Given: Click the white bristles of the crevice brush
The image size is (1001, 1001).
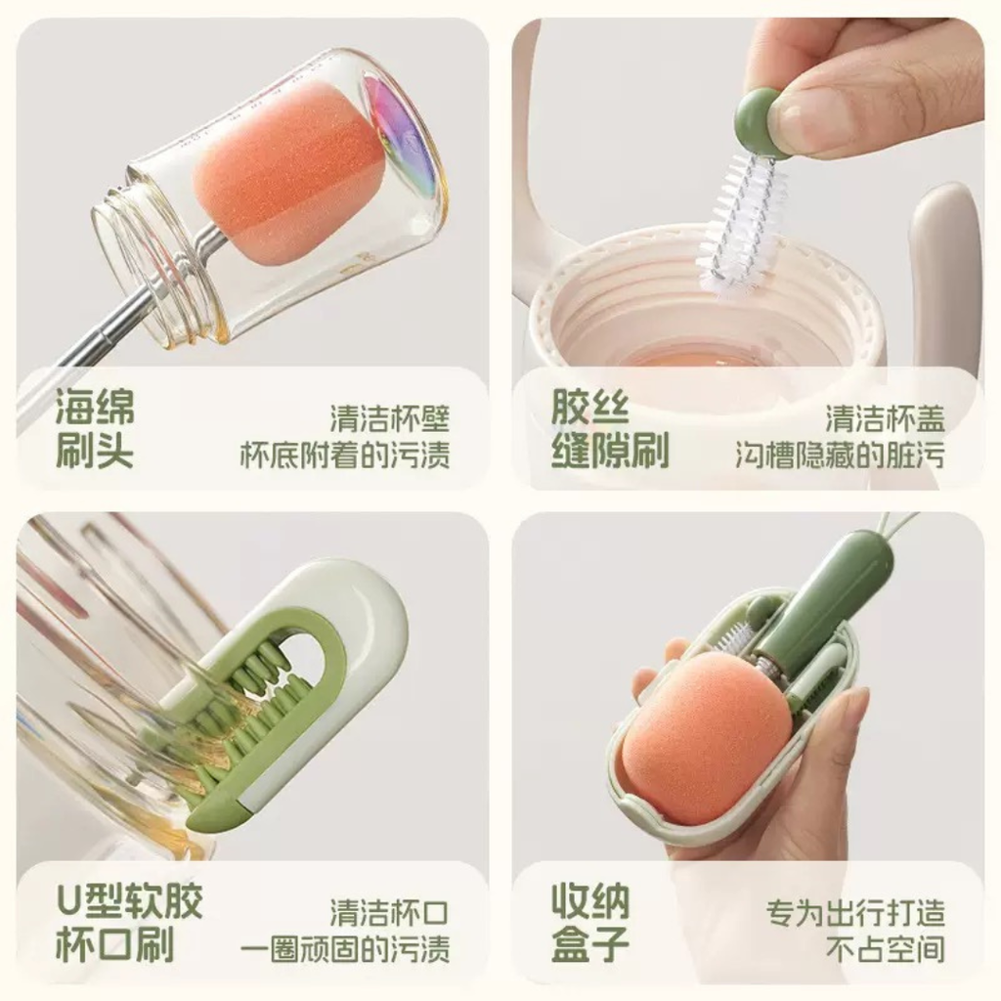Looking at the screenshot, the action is point(742,224).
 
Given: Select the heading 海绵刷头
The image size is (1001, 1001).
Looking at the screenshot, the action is point(95,428).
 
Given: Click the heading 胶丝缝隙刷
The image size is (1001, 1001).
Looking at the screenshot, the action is point(610,428).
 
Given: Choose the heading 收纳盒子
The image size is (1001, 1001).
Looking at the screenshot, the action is point(590,923).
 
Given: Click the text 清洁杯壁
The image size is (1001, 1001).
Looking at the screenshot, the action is point(389,418).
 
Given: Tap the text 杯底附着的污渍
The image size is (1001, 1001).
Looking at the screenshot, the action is point(345,455).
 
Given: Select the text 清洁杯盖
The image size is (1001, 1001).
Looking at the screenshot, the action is point(885,418).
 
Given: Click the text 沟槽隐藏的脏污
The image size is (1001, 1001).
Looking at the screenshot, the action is point(840,455).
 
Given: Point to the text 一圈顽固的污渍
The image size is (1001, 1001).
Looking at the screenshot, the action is point(345,948).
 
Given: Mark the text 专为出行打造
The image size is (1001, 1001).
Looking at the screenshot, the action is point(855,913).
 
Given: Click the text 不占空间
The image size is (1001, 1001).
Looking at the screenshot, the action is point(885,948).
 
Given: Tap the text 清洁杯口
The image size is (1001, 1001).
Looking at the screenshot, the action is point(389,913).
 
